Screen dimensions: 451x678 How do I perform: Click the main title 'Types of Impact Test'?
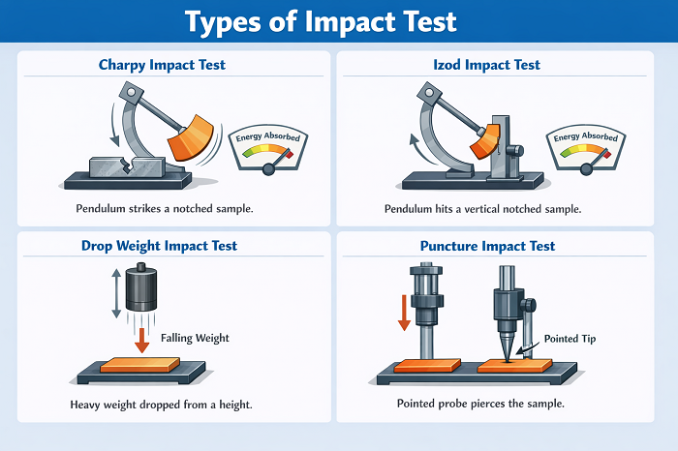coord(339,21)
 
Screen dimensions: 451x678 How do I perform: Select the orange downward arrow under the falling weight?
coord(142,340)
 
